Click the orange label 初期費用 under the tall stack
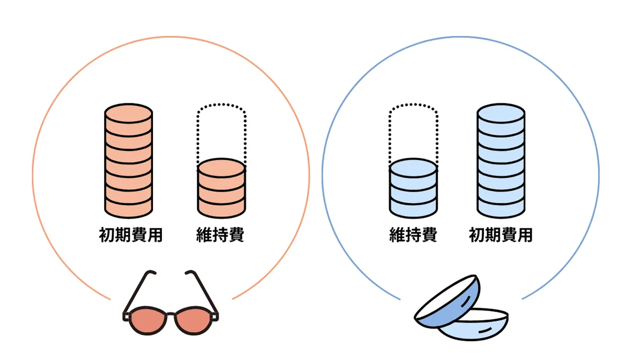[x=131, y=235]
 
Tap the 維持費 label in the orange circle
[x=220, y=235]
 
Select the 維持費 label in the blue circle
[x=413, y=235]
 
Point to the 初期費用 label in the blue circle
[x=501, y=235]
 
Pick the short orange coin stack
[x=221, y=189]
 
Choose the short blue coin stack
[x=413, y=189]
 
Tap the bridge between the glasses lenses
[x=171, y=313]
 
